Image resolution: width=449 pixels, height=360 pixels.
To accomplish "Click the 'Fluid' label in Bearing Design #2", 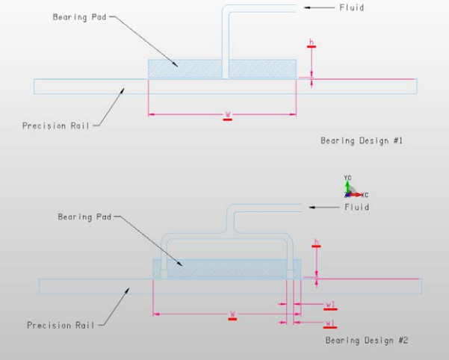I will coord(356,207).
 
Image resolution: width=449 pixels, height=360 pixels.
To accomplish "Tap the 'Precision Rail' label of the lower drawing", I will coord(61,325).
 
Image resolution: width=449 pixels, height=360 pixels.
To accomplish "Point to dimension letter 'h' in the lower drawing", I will coord(317,242).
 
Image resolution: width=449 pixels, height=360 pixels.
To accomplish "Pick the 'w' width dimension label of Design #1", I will coord(228,114).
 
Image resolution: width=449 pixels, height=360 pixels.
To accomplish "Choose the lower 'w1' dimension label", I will coord(330,323).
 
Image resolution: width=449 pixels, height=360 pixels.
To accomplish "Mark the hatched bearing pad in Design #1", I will coord(187,68).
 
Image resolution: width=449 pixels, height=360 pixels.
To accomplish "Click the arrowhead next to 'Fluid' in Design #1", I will coord(309,7).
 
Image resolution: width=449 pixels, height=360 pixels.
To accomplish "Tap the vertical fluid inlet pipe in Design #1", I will coord(225,37).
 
